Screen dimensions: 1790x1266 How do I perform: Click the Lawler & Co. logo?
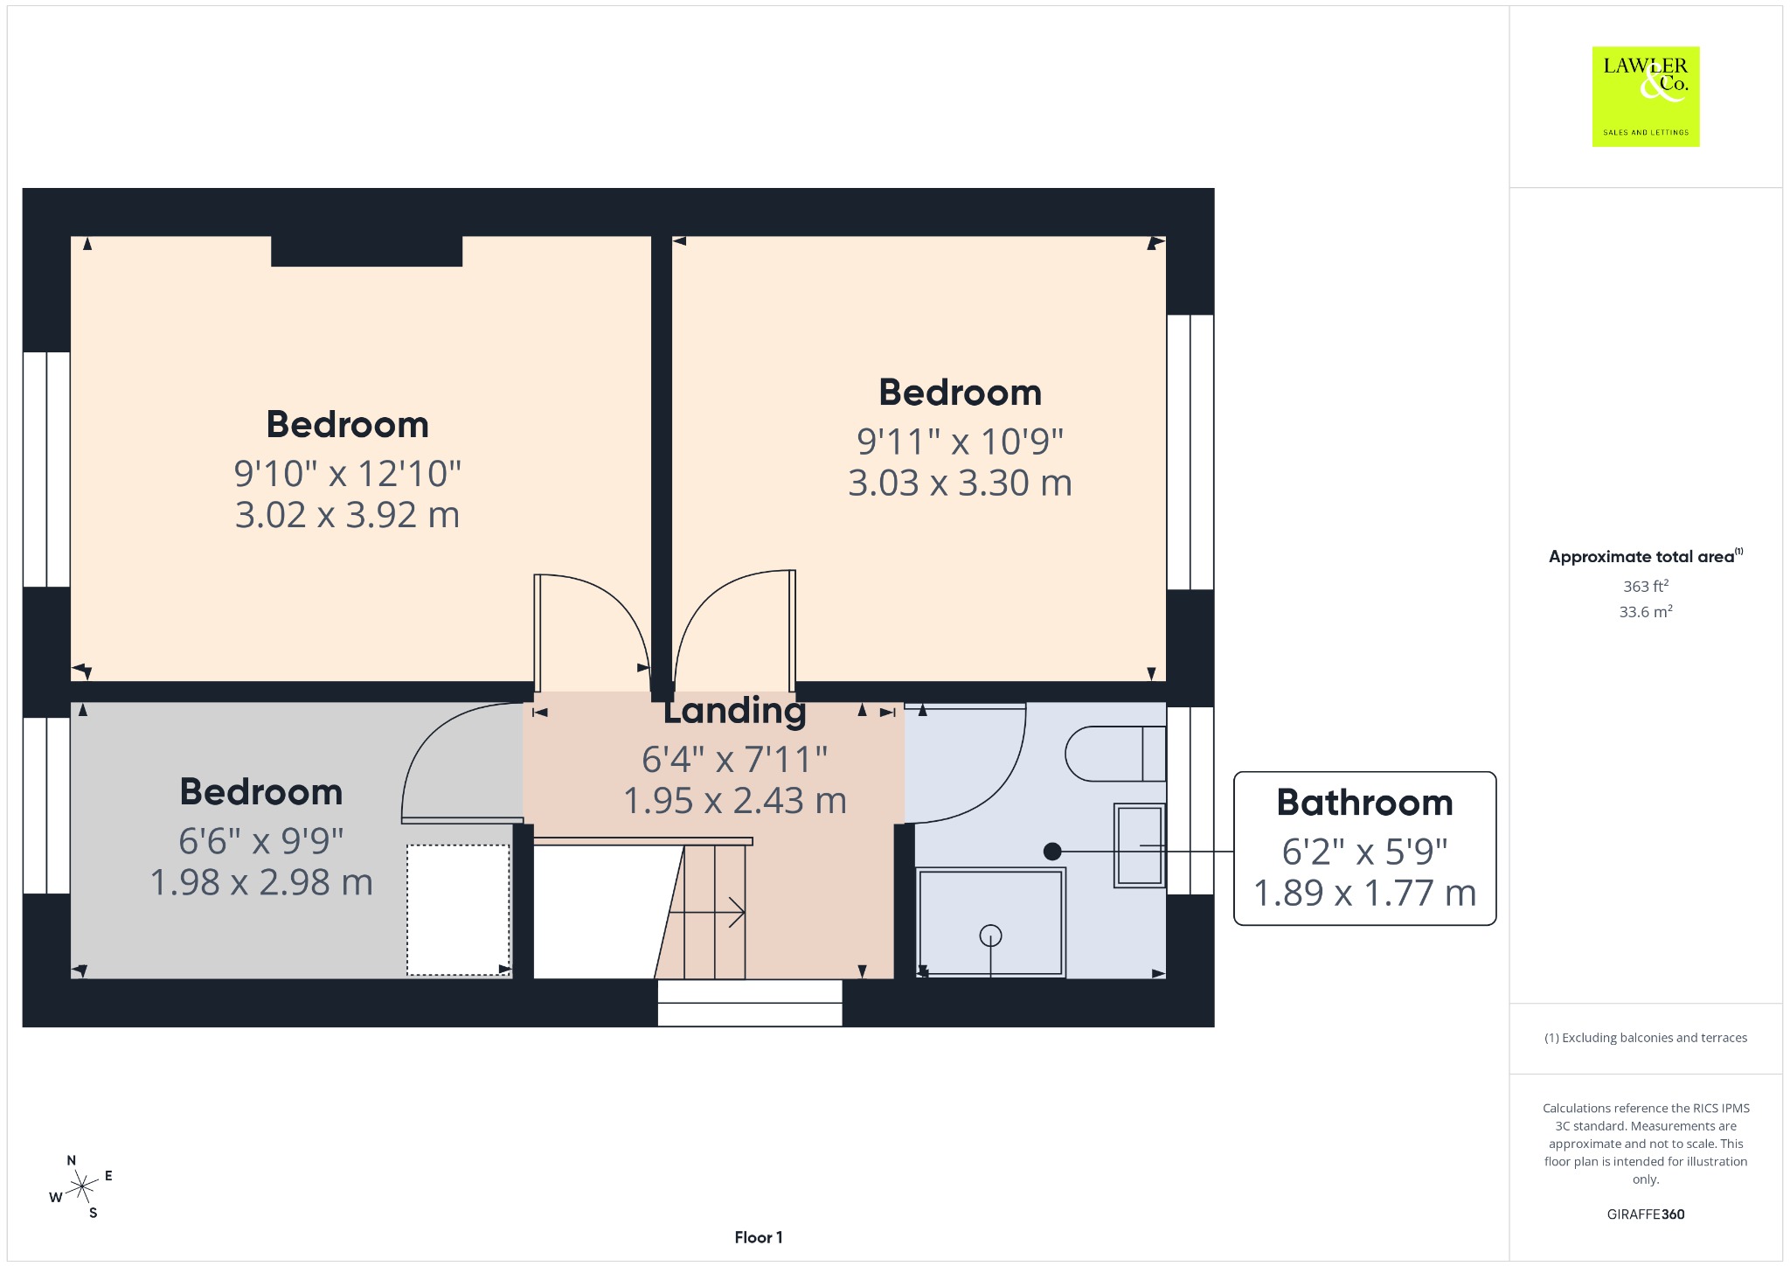coord(1645,96)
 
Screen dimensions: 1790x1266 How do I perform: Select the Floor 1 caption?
coord(759,1237)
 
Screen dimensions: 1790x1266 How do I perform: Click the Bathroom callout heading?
coord(1364,803)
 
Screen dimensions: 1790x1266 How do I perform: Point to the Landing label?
coord(734,711)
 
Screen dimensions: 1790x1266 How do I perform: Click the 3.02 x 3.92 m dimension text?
coord(347,515)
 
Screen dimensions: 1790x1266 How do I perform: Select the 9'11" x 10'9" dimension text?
coord(960,442)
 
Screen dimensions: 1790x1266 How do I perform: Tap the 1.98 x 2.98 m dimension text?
coord(261,882)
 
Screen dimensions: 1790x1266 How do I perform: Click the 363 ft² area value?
coord(1645,586)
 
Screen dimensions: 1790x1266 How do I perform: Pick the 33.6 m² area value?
coord(1645,611)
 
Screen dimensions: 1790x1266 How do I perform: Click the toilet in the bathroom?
coord(1115,753)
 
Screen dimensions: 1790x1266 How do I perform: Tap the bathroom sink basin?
coord(1140,845)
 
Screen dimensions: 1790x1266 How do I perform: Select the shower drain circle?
coord(990,936)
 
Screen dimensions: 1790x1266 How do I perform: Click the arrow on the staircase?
coord(706,913)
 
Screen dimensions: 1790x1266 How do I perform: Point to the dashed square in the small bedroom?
coord(458,909)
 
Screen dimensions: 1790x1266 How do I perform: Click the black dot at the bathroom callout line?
coord(1052,851)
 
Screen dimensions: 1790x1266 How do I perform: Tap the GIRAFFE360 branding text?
coord(1645,1214)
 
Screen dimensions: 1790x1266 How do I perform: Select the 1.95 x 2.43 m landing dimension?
coord(734,801)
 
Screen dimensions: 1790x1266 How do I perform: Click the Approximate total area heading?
coord(1645,556)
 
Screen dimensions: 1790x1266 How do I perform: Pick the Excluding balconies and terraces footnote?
coord(1645,1038)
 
